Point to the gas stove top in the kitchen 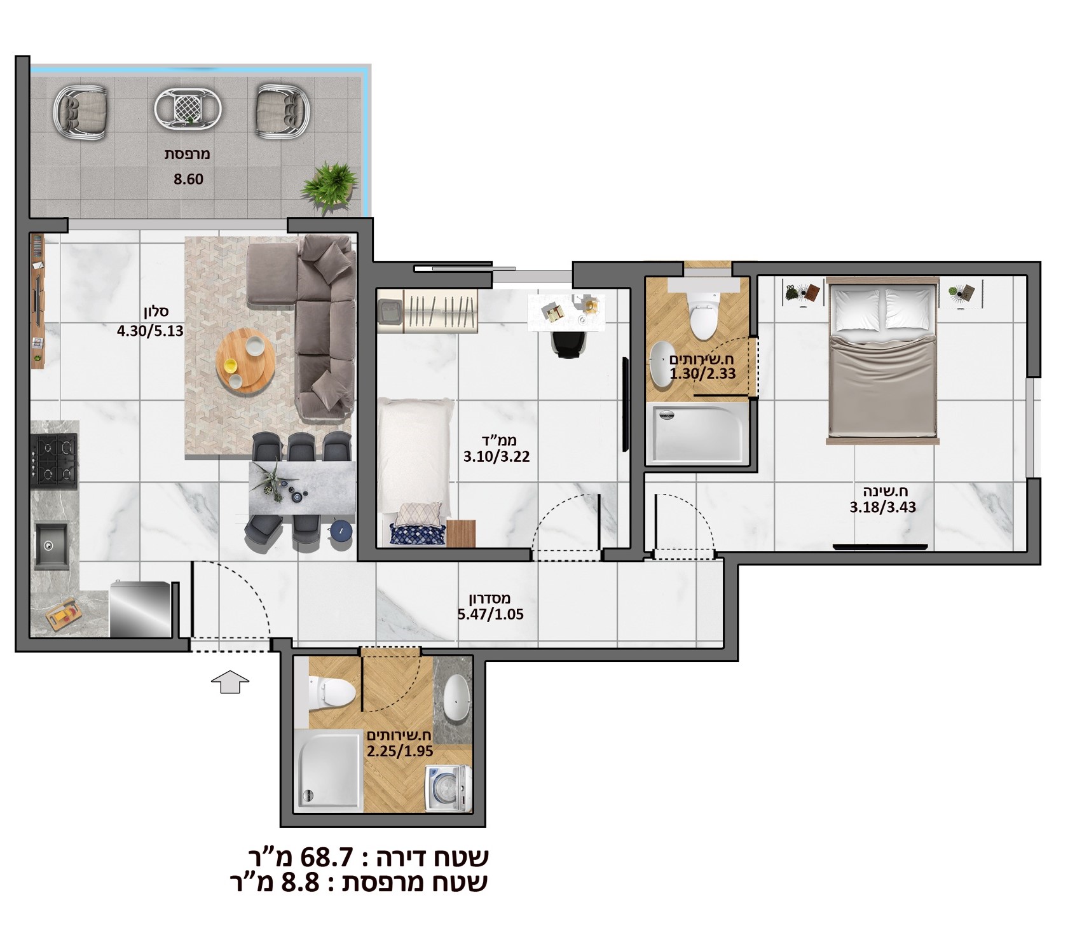click(x=54, y=461)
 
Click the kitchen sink click(x=52, y=545)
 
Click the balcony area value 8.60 click(x=189, y=179)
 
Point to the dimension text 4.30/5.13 click(x=150, y=331)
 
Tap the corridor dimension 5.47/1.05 click(x=490, y=614)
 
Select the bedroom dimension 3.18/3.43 click(x=883, y=508)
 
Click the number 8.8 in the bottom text click(x=299, y=883)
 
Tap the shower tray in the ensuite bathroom click(x=698, y=433)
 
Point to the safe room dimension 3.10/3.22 click(x=496, y=457)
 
